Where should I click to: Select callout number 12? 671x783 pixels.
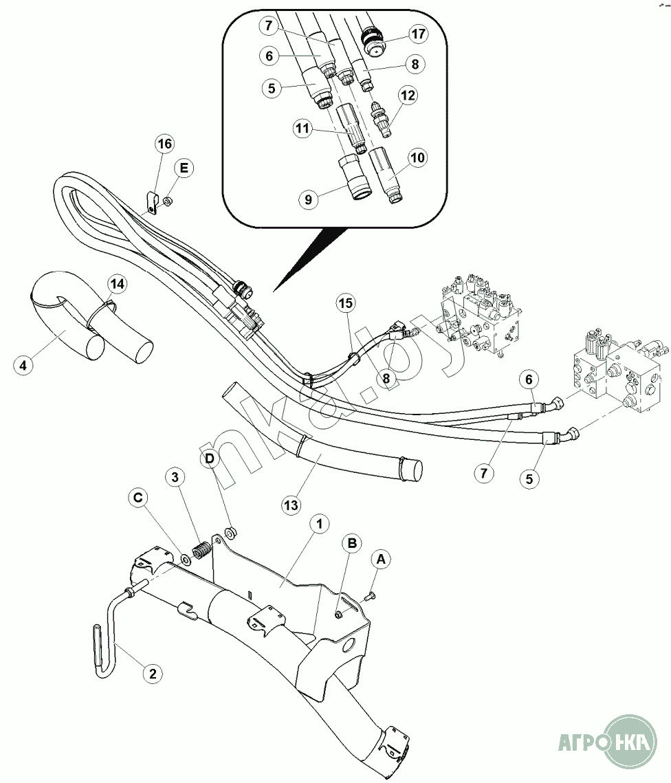pos(409,96)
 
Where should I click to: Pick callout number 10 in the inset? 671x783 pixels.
pos(418,157)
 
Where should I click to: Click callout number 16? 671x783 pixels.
pos(164,144)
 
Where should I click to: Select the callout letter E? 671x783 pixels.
pos(184,167)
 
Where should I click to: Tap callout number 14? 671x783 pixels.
pos(117,283)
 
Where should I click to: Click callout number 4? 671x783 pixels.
pos(23,364)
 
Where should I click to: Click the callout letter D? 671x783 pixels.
pos(210,458)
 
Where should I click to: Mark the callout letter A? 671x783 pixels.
pos(382,560)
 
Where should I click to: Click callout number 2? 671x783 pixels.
pos(153,674)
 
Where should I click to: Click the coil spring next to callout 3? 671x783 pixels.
pos(201,551)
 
